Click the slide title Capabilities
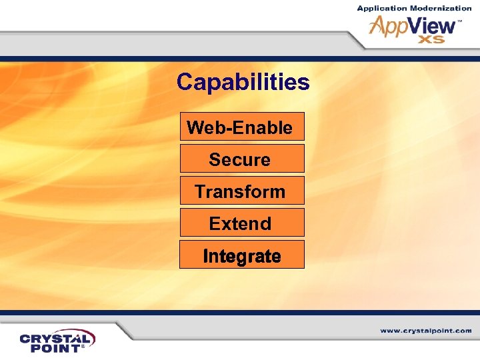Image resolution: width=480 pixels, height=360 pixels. pyautogui.click(x=243, y=83)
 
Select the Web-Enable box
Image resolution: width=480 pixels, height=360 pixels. pyautogui.click(x=241, y=127)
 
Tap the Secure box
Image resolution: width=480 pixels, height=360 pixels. pyautogui.click(x=241, y=159)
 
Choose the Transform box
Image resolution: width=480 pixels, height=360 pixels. pyautogui.click(x=241, y=191)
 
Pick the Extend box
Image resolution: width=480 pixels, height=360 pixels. pyautogui.click(x=241, y=223)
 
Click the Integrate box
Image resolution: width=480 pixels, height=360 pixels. pyautogui.click(x=241, y=256)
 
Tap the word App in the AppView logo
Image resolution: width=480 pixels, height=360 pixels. pyautogui.click(x=390, y=27)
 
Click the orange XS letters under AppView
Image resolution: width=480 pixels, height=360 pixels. pyautogui.click(x=431, y=40)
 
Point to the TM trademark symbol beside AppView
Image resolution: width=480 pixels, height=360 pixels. pyautogui.click(x=459, y=21)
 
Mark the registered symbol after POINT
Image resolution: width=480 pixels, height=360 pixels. pyautogui.click(x=83, y=347)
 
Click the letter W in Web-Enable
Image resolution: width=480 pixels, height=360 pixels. pyautogui.click(x=194, y=127)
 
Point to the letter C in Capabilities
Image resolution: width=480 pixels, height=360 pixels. pyautogui.click(x=185, y=83)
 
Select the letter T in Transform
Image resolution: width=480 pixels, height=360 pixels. pyautogui.click(x=200, y=191)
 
